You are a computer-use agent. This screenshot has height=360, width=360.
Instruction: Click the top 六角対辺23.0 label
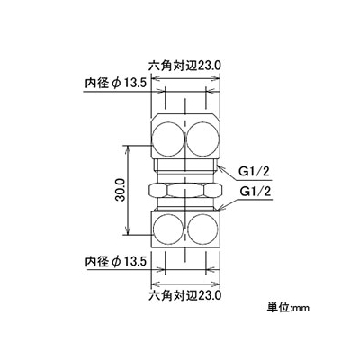(x=184, y=66)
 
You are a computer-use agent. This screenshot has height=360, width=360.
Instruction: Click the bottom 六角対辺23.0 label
(x=184, y=295)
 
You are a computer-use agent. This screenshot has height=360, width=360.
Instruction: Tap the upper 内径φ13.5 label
(x=116, y=84)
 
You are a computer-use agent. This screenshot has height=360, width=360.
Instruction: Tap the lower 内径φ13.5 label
(x=116, y=262)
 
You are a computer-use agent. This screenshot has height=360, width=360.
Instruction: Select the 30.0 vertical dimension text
(x=121, y=190)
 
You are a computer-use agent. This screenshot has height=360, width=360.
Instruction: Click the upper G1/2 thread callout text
(x=255, y=172)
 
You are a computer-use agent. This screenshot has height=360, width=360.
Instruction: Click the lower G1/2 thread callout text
(x=255, y=191)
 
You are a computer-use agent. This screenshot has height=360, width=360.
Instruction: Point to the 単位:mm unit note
(x=288, y=308)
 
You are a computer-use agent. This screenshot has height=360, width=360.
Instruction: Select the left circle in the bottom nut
(x=167, y=229)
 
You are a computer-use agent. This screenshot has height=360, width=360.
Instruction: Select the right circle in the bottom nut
(x=203, y=229)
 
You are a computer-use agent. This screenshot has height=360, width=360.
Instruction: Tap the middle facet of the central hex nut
(x=186, y=190)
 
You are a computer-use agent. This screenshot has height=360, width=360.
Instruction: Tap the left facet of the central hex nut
(x=157, y=190)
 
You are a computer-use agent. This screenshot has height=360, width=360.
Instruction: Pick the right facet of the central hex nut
(x=213, y=190)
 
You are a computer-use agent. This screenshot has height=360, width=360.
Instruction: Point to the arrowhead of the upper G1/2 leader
(x=219, y=166)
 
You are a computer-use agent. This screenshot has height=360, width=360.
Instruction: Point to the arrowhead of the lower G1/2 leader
(x=221, y=208)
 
